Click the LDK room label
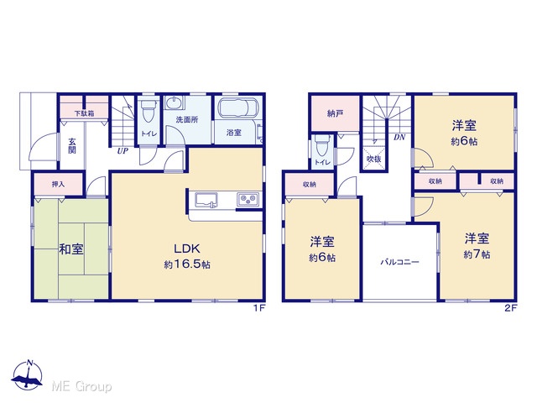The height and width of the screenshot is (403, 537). [x=187, y=249]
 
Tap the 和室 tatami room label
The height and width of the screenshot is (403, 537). [x=71, y=249]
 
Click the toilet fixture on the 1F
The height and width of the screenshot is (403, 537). [x=149, y=110]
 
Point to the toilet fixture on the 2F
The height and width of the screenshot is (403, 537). [x=322, y=145]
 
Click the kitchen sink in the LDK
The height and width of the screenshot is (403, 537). [x=206, y=200]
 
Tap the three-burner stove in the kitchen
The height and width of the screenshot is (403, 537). [x=248, y=199]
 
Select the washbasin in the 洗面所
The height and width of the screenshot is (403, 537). [x=175, y=102]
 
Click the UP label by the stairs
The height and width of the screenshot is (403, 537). [x=123, y=151]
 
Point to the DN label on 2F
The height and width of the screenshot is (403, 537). [x=399, y=138]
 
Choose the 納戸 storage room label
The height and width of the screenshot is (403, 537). [x=335, y=113]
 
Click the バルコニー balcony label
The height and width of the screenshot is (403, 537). [x=399, y=263]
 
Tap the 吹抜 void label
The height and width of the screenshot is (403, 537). [x=373, y=159]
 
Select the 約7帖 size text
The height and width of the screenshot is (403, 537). [x=477, y=254]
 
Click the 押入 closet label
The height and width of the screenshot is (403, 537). [x=58, y=185]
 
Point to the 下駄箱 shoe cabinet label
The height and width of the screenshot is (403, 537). [x=84, y=113]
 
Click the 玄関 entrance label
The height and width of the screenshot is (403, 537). [x=71, y=146]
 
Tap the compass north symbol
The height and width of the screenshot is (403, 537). [x=28, y=374]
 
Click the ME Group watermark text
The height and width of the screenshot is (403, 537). [x=81, y=386]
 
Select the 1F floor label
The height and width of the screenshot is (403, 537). [x=259, y=308]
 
